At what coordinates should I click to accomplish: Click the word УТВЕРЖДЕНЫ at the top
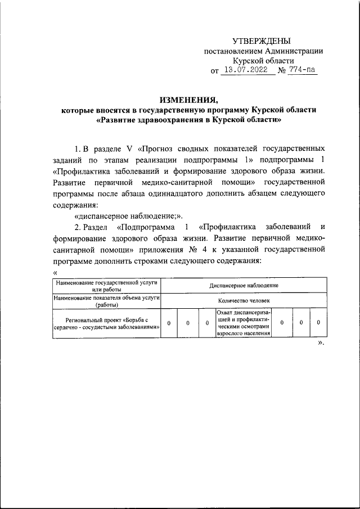262,41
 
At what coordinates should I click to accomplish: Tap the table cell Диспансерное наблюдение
244,286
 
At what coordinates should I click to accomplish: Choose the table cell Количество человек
244,301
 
